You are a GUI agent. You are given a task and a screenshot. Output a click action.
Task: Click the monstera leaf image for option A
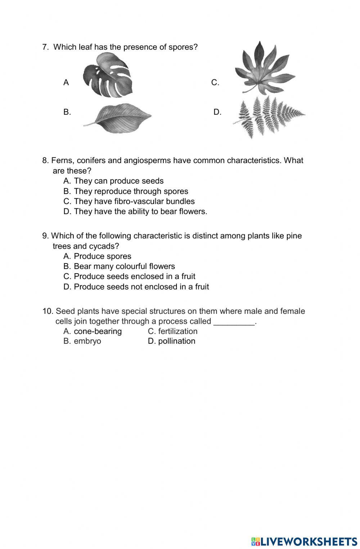[108, 76]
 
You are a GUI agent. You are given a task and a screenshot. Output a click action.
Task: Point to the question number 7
[45, 47]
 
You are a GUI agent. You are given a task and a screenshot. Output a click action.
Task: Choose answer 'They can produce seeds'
[118, 181]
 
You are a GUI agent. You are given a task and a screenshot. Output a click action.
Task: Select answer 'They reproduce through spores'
[131, 191]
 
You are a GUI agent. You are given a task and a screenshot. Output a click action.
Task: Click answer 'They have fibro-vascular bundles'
[134, 201]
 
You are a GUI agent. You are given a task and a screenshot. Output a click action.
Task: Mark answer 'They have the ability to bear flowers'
[140, 211]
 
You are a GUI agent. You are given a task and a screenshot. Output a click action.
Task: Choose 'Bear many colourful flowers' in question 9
[124, 266]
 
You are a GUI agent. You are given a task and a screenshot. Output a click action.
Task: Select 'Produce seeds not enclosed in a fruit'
[141, 287]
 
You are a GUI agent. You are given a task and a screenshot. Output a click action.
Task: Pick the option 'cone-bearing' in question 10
[98, 331]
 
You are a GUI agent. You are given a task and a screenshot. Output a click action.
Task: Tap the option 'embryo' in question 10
[87, 341]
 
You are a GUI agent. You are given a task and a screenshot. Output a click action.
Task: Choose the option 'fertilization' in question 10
[177, 331]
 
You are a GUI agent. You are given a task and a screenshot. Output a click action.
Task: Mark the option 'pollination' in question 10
[176, 341]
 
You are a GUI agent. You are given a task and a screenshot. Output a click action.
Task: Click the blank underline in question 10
[234, 321]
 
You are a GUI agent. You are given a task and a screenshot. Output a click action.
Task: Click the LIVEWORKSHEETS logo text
[308, 541]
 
